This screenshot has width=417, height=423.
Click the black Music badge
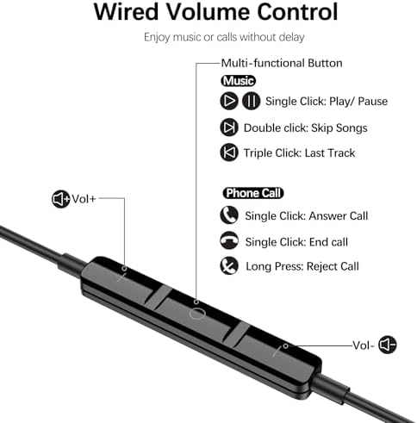point(239,80)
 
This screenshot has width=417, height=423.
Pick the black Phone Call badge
point(253,193)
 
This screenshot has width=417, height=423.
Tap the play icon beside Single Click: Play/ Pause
point(229,101)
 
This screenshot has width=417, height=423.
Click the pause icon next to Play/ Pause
point(251,101)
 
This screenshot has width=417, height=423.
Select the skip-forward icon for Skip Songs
point(229,128)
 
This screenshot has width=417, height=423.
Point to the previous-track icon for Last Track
point(229,152)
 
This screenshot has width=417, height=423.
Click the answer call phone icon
point(229,215)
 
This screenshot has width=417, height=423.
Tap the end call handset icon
point(229,241)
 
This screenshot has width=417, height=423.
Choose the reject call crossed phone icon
point(229,266)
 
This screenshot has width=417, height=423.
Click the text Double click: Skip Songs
point(305,128)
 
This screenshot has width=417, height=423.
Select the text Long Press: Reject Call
point(302,266)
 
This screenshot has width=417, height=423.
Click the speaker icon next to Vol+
point(60,199)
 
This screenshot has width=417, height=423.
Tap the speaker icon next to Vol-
point(389,345)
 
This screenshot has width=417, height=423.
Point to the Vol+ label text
point(84,199)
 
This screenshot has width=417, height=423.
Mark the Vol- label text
point(364,345)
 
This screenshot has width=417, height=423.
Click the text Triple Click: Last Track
point(300,152)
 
